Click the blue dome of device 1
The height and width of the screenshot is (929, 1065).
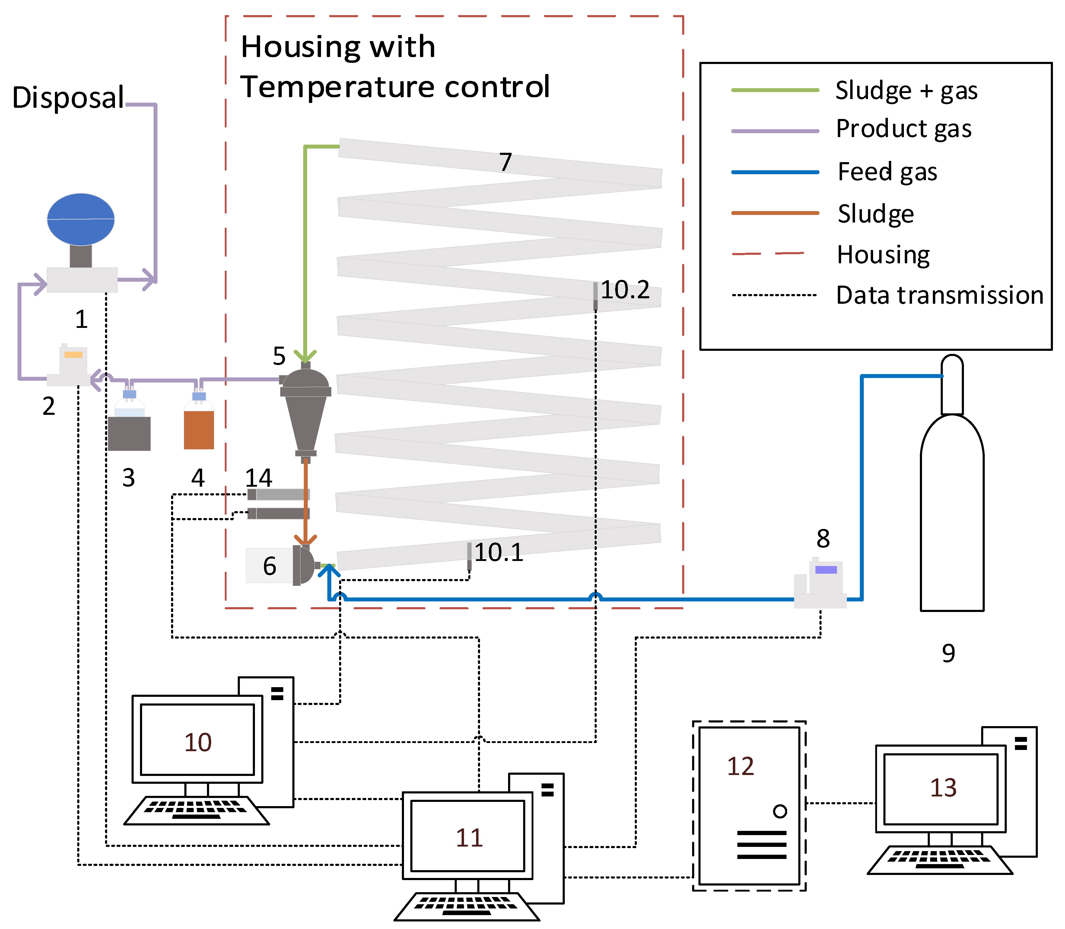coord(81,219)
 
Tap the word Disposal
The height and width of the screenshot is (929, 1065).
coord(68,98)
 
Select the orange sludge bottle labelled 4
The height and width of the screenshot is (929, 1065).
coord(199,429)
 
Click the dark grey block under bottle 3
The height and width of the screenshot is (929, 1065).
coord(129,433)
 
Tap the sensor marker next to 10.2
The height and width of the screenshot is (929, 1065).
coord(596,296)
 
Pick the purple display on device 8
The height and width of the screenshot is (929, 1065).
coord(826,570)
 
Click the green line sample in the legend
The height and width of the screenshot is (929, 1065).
coord(775,90)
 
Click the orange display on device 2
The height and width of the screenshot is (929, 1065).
coord(73,354)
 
